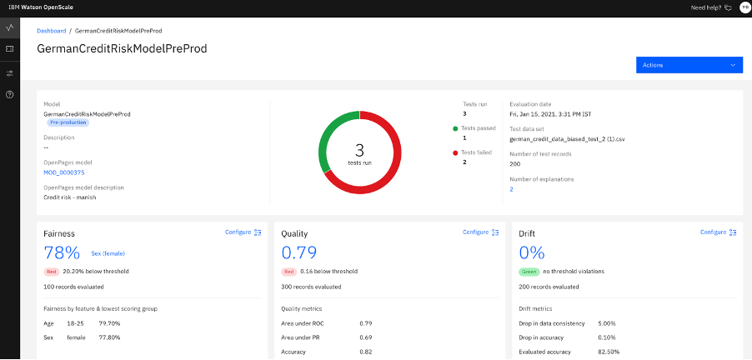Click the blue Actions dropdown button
coord(689,65)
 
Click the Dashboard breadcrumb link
coord(52,31)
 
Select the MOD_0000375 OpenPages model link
coord(64,172)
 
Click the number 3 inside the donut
coord(360,150)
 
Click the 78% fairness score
coord(62,252)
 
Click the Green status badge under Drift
coord(529,272)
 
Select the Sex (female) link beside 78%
coord(108,253)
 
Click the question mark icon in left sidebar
coord(10,95)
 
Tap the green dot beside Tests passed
coord(455,128)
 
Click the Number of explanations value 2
coord(511,189)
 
